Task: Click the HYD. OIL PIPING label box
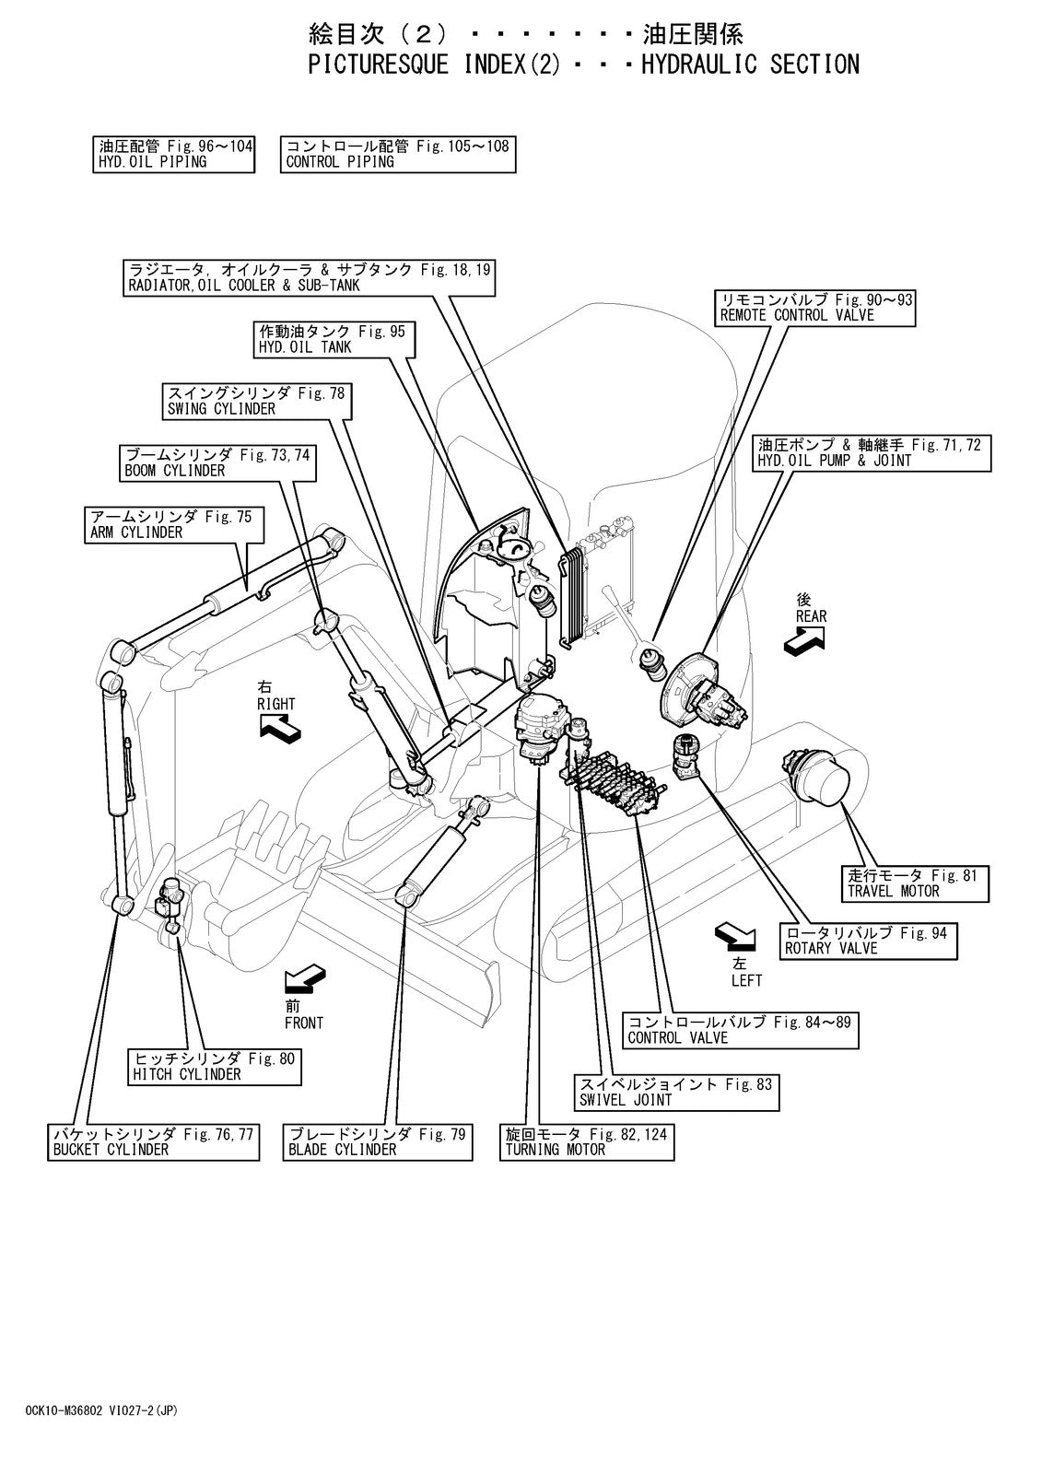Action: click(x=174, y=155)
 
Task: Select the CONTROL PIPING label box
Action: click(x=398, y=155)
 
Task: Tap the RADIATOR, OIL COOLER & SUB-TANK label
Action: click(x=309, y=277)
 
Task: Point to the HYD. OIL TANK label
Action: click(x=334, y=340)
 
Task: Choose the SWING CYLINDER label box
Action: click(x=257, y=402)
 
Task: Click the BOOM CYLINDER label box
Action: click(x=217, y=463)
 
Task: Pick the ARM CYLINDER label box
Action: click(x=174, y=524)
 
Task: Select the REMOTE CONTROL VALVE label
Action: click(x=815, y=308)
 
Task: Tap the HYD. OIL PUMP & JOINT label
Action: click(x=872, y=453)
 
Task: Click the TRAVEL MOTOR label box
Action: click(x=916, y=883)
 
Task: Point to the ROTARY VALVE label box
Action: click(x=868, y=942)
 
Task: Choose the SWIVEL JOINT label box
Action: click(x=676, y=1093)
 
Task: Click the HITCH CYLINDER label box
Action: click(x=215, y=1067)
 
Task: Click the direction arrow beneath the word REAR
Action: click(x=804, y=639)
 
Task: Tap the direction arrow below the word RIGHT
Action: click(x=280, y=729)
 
